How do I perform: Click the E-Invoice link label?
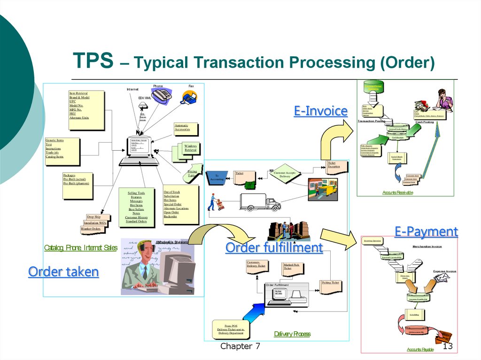point(321,111)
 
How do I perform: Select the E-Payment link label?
point(426,231)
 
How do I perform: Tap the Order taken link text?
point(63,272)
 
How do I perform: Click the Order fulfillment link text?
point(274,247)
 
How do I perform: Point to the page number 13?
point(447,346)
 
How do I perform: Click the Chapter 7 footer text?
point(240,346)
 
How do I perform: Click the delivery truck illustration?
point(260,202)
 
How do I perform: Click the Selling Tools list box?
point(136,207)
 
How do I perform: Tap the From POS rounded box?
point(231,329)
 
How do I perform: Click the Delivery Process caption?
point(292,334)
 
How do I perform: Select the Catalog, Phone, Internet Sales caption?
point(80,247)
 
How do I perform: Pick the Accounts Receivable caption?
point(397,192)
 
